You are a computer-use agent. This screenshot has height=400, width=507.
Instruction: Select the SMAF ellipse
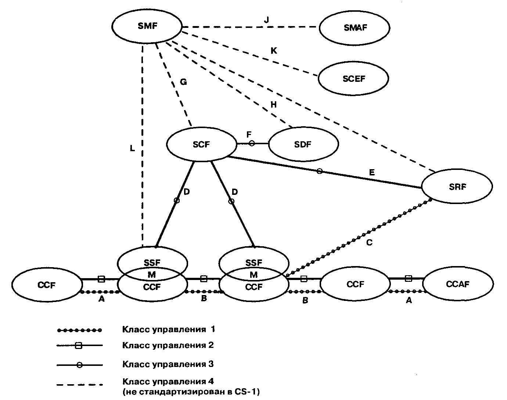355,28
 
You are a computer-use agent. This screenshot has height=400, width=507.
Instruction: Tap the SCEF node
353,79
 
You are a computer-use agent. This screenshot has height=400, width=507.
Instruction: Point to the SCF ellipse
201,145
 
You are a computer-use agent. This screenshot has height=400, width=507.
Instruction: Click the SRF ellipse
457,187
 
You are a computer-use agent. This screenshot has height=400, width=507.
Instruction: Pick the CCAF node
458,284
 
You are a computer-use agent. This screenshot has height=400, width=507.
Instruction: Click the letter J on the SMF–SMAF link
266,20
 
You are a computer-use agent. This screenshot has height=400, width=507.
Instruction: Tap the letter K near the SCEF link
274,51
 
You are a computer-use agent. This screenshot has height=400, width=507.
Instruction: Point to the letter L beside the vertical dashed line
132,148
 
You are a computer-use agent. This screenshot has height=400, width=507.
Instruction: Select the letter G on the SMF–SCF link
183,82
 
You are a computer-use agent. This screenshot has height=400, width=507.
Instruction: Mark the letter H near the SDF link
274,105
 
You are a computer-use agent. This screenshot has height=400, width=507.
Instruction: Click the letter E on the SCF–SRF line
372,172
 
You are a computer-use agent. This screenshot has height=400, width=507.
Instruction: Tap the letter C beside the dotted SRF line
370,243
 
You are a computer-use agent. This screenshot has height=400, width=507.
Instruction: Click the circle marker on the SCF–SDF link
252,143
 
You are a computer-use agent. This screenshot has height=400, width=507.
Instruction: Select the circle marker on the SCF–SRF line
320,171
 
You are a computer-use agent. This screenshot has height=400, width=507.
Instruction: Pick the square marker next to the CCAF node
408,279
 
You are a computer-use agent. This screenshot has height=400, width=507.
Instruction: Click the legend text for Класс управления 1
169,329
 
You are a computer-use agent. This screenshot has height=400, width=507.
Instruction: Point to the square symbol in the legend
78,345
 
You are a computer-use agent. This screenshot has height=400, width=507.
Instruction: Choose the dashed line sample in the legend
80,385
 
